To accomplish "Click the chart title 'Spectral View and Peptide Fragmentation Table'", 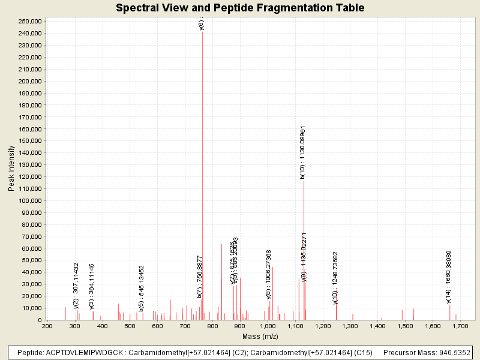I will click(240, 8).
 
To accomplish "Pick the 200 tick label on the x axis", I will click(47, 326).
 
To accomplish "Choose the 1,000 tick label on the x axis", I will click(268, 326).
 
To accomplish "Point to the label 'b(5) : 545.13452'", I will click(142, 289).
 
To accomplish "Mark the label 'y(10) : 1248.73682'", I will click(335, 278).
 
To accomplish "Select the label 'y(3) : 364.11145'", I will click(92, 286).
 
